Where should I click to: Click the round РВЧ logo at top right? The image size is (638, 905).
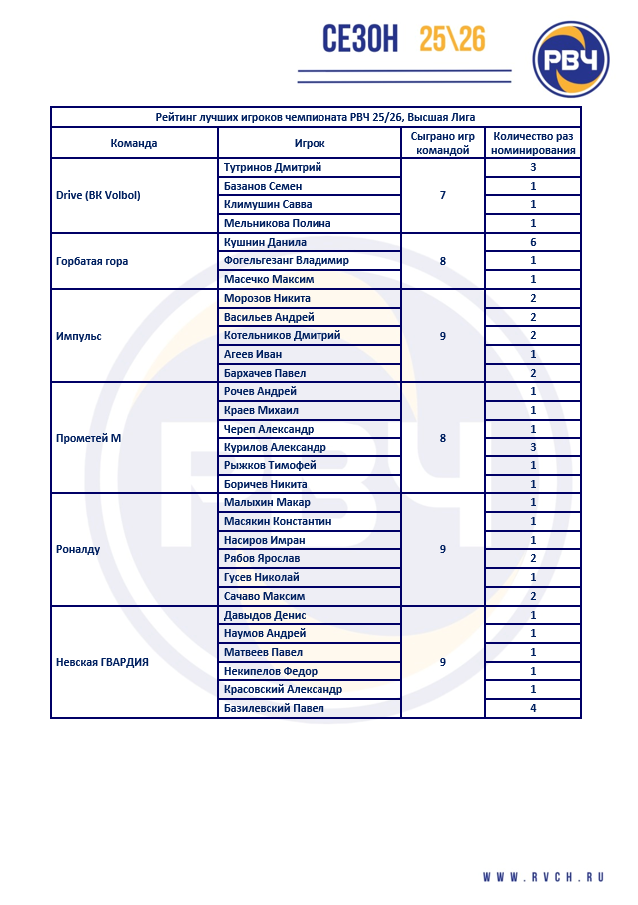[571, 61]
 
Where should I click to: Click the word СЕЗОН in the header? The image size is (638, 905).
[360, 39]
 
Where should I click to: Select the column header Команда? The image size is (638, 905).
[134, 143]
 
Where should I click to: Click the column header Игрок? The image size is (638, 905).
[310, 143]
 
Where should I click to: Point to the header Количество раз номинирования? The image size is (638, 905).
[533, 143]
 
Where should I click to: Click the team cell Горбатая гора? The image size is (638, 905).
[93, 261]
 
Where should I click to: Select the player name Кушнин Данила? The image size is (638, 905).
[265, 242]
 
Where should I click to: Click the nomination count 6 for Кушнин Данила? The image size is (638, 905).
[533, 242]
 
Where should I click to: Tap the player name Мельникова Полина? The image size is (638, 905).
[278, 223]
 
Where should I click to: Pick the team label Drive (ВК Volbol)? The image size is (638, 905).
[99, 195]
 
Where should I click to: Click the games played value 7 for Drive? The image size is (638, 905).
[443, 195]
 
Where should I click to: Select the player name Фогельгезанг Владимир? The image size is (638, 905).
[287, 260]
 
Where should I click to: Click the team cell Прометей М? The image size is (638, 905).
[90, 438]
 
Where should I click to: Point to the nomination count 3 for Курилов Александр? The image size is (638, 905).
[533, 447]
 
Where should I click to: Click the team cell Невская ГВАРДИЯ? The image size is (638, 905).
[103, 661]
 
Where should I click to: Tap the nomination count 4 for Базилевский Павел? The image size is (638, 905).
[533, 709]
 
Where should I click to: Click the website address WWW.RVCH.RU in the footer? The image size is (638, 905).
[544, 877]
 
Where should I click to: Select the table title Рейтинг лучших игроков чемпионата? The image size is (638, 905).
[316, 117]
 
